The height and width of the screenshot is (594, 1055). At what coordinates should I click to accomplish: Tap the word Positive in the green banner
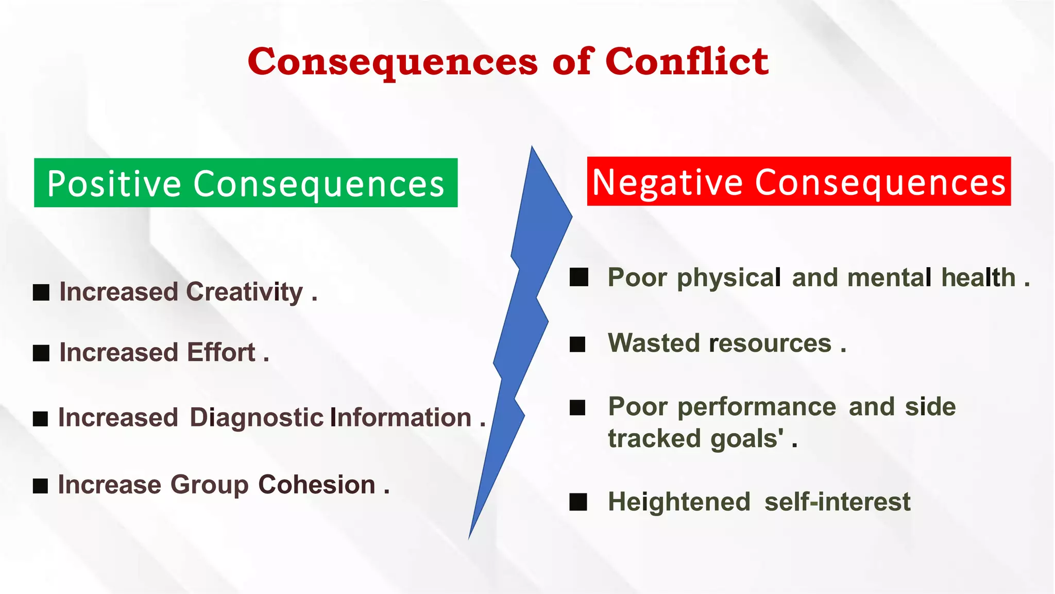click(114, 184)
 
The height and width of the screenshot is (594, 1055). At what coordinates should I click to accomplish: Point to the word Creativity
click(244, 292)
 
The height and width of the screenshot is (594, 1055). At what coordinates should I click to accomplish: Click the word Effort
click(221, 353)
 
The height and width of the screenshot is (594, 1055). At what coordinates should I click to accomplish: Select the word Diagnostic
click(257, 418)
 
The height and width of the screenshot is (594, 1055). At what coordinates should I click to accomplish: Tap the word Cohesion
click(316, 485)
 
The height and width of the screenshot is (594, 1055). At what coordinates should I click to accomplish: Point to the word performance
click(757, 407)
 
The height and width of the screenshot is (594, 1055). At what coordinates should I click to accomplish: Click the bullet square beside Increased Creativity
click(41, 292)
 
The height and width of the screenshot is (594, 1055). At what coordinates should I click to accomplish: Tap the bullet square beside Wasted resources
click(577, 344)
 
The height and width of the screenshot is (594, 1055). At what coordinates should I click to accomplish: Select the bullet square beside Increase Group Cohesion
click(40, 486)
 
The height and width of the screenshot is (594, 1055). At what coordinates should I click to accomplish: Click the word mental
click(889, 278)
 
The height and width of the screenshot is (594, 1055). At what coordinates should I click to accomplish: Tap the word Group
click(209, 485)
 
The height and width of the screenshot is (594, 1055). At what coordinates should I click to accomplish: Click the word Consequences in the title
click(393, 61)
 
